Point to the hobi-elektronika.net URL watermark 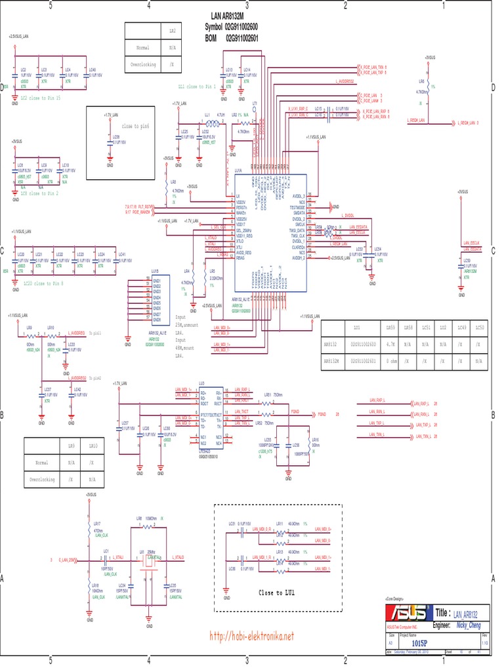pyautogui.click(x=251, y=636)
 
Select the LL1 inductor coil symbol pyautogui.click(x=213, y=123)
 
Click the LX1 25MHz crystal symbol pyautogui.click(x=150, y=558)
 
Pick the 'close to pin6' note pyautogui.click(x=136, y=125)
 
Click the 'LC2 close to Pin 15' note pyautogui.click(x=41, y=97)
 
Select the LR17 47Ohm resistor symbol pyautogui.click(x=88, y=529)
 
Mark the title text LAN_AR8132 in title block pyautogui.click(x=468, y=614)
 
